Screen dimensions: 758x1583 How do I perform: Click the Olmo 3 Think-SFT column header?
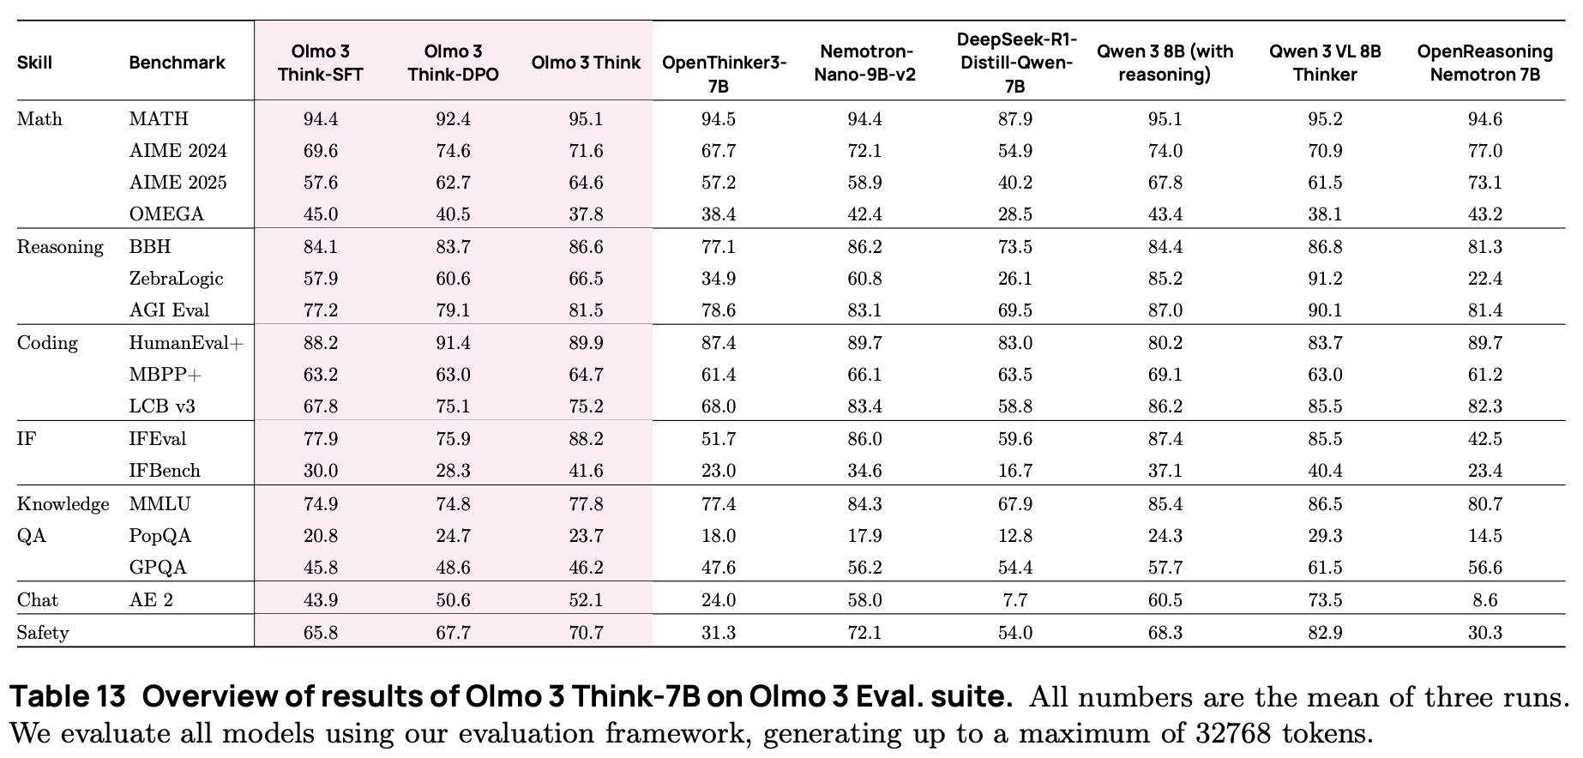pyautogui.click(x=320, y=63)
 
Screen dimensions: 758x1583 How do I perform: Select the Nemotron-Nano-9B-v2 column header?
pyautogui.click(x=864, y=63)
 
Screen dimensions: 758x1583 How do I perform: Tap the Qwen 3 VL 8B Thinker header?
pyautogui.click(x=1325, y=63)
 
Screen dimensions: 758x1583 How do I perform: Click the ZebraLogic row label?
pyautogui.click(x=176, y=279)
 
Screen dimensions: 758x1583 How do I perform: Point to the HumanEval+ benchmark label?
pyautogui.click(x=186, y=343)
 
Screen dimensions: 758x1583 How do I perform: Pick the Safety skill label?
pyautogui.click(x=43, y=633)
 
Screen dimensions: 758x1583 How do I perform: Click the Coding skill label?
pyautogui.click(x=47, y=343)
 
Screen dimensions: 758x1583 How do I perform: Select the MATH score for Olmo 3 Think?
pyautogui.click(x=586, y=119)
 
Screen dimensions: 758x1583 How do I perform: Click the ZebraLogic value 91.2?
pyautogui.click(x=1325, y=279)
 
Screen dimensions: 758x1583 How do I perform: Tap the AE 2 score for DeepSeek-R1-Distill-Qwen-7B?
pyautogui.click(x=1014, y=600)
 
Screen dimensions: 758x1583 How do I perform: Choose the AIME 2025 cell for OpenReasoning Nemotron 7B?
pyautogui.click(x=1484, y=183)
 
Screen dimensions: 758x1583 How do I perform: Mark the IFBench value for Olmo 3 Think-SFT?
pyautogui.click(x=320, y=471)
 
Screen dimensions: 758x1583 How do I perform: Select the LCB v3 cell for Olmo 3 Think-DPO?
pyautogui.click(x=453, y=406)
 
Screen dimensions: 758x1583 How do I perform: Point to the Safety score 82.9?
pyautogui.click(x=1325, y=633)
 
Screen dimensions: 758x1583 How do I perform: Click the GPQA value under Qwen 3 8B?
pyautogui.click(x=1165, y=568)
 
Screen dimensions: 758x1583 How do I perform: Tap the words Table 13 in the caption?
pyautogui.click(x=68, y=696)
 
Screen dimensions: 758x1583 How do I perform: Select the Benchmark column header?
pyautogui.click(x=177, y=63)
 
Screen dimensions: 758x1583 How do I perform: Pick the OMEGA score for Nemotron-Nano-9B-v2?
pyautogui.click(x=864, y=214)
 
